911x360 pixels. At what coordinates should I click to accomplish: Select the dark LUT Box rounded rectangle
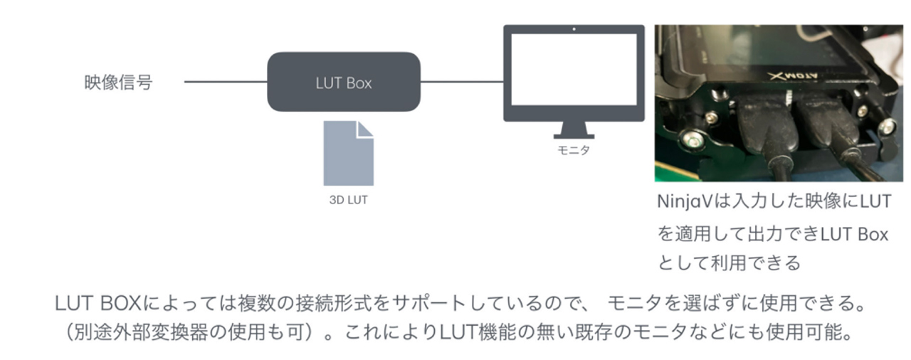pos(343,82)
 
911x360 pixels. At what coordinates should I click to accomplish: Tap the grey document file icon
pos(348,153)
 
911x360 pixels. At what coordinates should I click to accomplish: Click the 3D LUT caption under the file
pos(348,200)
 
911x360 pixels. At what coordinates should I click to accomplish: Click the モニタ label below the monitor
pos(573,151)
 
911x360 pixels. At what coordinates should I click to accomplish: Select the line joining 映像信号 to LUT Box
pos(225,82)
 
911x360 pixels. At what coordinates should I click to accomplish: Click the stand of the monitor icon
pos(573,130)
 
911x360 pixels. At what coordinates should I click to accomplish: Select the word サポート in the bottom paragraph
pos(447,303)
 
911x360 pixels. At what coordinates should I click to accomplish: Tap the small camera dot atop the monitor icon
pos(574,29)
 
